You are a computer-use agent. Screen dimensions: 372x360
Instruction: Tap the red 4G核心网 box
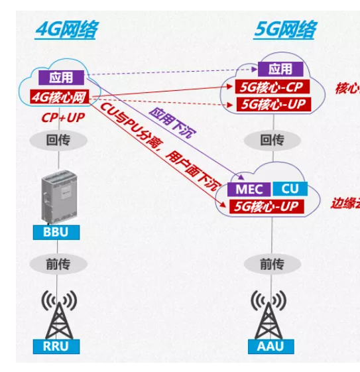(x=60, y=97)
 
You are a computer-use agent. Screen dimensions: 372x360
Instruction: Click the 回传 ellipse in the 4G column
(x=58, y=141)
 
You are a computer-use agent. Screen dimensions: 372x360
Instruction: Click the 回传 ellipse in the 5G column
(x=272, y=141)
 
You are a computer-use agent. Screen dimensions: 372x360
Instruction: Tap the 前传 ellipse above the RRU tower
(x=58, y=264)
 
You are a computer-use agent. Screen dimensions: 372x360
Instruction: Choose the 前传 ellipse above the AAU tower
(x=272, y=264)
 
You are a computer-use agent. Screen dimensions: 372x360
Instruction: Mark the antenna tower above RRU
(x=57, y=314)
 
